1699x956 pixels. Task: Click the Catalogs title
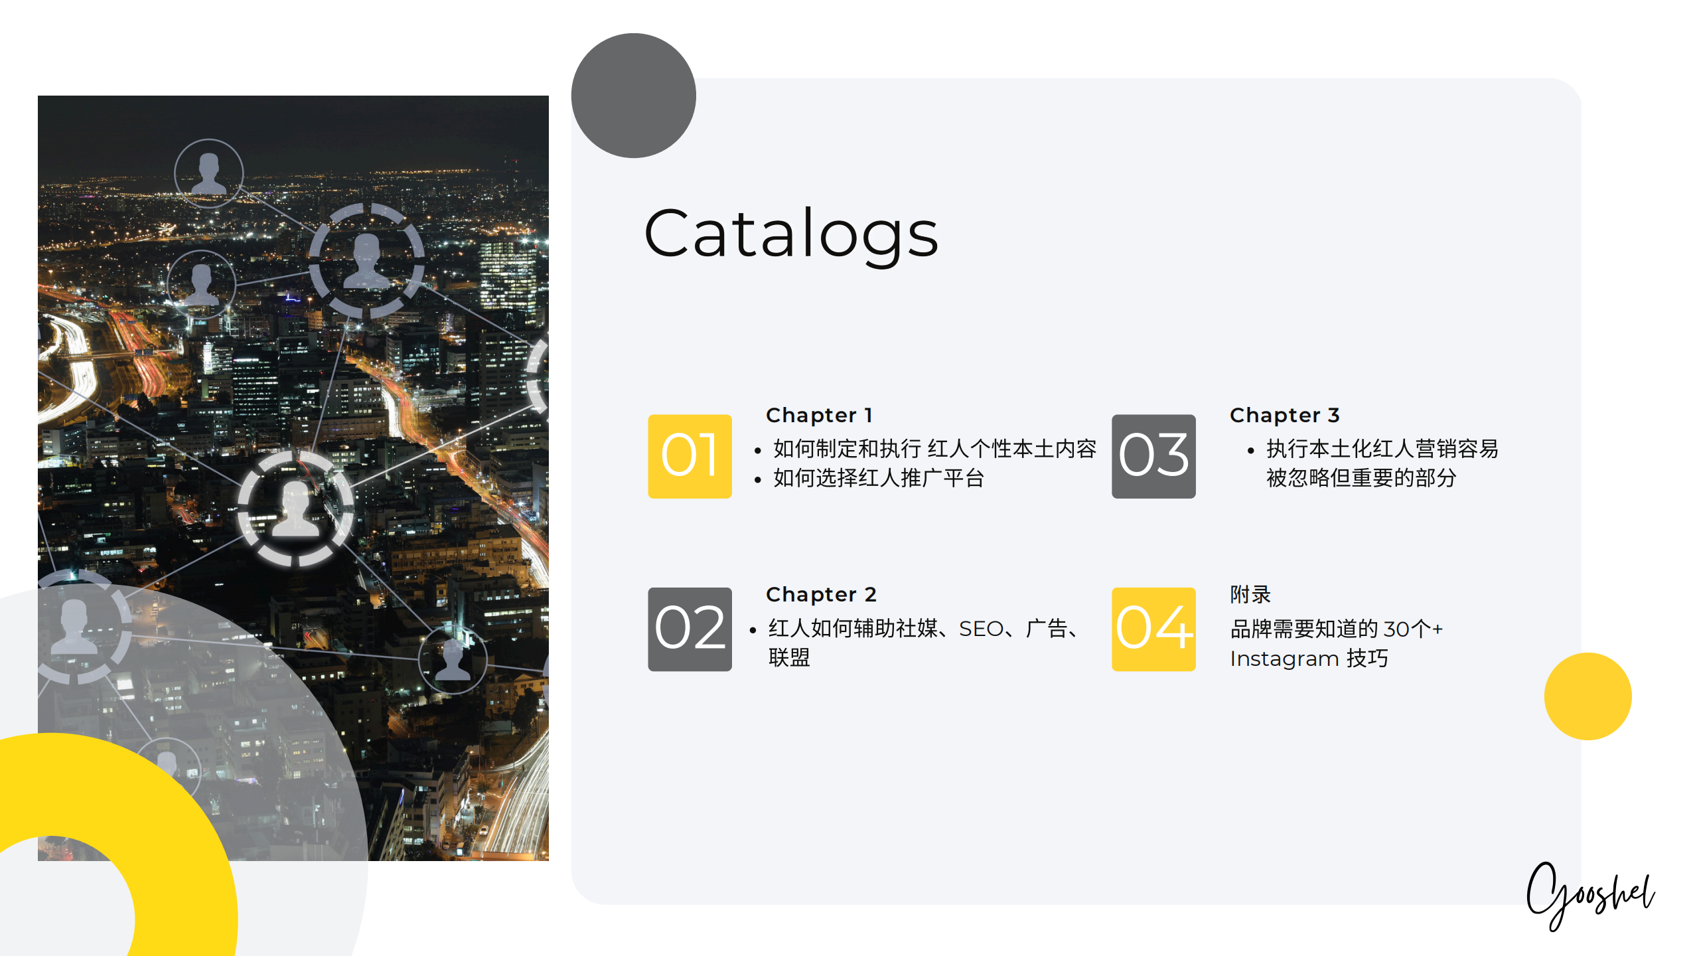(x=791, y=234)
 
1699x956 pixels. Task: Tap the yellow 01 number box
(x=690, y=457)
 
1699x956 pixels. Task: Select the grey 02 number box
(x=690, y=629)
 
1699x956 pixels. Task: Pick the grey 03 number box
(x=1153, y=457)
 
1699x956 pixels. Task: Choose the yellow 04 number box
(x=1153, y=629)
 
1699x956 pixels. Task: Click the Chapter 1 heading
(x=819, y=416)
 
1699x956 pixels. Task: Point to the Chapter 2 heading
(x=822, y=595)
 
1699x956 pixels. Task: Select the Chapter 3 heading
(x=1285, y=416)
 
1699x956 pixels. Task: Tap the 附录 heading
(x=1250, y=594)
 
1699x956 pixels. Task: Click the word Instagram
(x=1284, y=659)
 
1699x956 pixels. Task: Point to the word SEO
(x=981, y=629)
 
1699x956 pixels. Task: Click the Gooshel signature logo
(x=1591, y=895)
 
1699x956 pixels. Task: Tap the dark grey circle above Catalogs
(x=633, y=96)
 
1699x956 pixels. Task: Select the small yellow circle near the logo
(x=1588, y=696)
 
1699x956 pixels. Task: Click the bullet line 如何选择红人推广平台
(x=878, y=478)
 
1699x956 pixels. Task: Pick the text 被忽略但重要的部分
(x=1361, y=478)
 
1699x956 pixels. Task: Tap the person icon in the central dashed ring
(x=296, y=509)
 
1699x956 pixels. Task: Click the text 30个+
(x=1413, y=629)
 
